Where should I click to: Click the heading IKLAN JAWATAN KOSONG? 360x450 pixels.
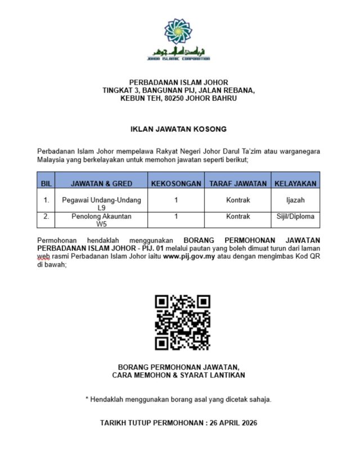click(x=178, y=129)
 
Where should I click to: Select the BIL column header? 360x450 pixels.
click(x=47, y=183)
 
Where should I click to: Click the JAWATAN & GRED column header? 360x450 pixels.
click(x=101, y=183)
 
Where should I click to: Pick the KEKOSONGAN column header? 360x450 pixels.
click(x=176, y=183)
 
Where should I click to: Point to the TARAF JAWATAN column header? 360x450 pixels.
click(x=238, y=183)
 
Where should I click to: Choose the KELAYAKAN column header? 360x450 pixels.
click(x=295, y=183)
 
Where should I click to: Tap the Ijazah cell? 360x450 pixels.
click(x=295, y=200)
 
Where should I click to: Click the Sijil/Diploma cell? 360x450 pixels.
click(x=295, y=216)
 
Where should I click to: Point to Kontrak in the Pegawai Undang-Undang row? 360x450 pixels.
click(x=238, y=200)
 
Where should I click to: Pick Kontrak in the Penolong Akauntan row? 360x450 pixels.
click(x=238, y=216)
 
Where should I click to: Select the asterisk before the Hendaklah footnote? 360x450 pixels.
click(x=87, y=399)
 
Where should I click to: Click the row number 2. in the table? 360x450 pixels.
click(x=47, y=216)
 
